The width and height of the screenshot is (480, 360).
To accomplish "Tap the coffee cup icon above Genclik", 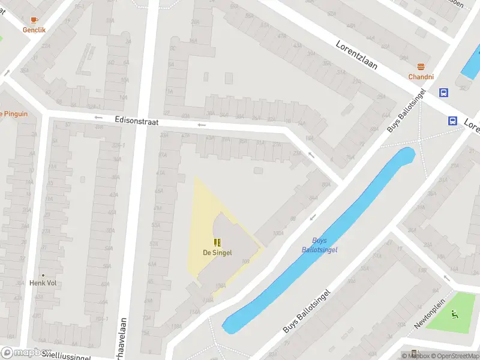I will pyautogui.click(x=34, y=20).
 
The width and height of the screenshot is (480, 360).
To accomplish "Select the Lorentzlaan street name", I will pyautogui.click(x=356, y=55).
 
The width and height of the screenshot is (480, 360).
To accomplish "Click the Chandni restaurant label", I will pyautogui.click(x=421, y=76).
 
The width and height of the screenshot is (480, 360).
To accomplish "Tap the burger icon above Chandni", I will pyautogui.click(x=421, y=67).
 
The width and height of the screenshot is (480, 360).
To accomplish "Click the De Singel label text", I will pyautogui.click(x=217, y=253).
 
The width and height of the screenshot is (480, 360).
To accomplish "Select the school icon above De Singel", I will pyautogui.click(x=217, y=242).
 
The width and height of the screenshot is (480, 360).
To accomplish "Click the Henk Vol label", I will pyautogui.click(x=42, y=283).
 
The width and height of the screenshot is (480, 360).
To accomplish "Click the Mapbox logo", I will pyautogui.click(x=26, y=353).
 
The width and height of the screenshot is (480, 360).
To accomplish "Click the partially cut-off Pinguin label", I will pyautogui.click(x=14, y=113).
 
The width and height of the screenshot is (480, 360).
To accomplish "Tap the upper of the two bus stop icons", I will pyautogui.click(x=444, y=92).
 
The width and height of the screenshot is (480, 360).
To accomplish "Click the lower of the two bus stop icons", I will pyautogui.click(x=452, y=120).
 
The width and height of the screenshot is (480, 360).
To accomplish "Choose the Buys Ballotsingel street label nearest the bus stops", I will pyautogui.click(x=403, y=112).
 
